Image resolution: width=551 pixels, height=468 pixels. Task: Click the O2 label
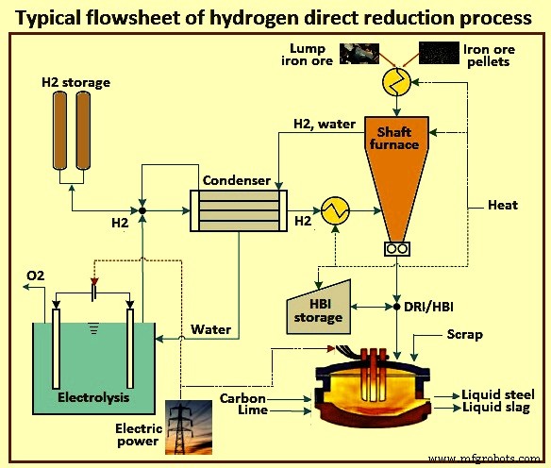point(35,275)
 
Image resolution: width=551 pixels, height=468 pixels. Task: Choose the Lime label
point(253,412)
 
